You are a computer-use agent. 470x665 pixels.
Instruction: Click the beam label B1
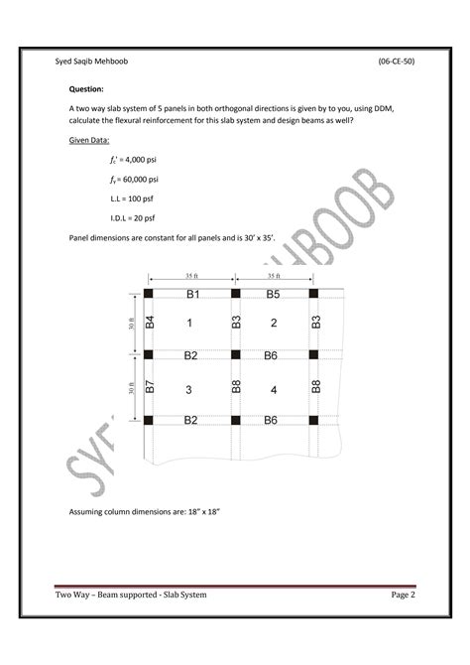(x=193, y=295)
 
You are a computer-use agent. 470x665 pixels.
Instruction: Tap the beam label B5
(x=274, y=295)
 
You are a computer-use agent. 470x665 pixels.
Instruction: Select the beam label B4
(x=151, y=324)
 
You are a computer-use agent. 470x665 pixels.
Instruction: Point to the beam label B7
(x=151, y=387)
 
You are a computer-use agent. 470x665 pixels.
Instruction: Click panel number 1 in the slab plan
(x=189, y=324)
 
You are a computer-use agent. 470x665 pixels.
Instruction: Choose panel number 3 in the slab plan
(x=189, y=389)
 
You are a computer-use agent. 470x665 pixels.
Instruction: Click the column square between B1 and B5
(x=235, y=294)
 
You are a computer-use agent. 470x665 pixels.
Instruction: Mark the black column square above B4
(x=149, y=294)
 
